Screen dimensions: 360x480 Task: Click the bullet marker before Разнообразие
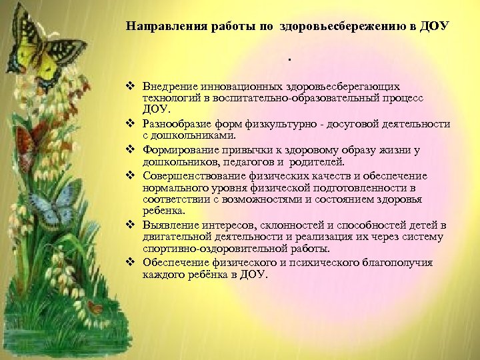tap(132, 125)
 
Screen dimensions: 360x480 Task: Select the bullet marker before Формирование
tap(132, 151)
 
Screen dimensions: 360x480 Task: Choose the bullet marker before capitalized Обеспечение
tap(132, 263)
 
